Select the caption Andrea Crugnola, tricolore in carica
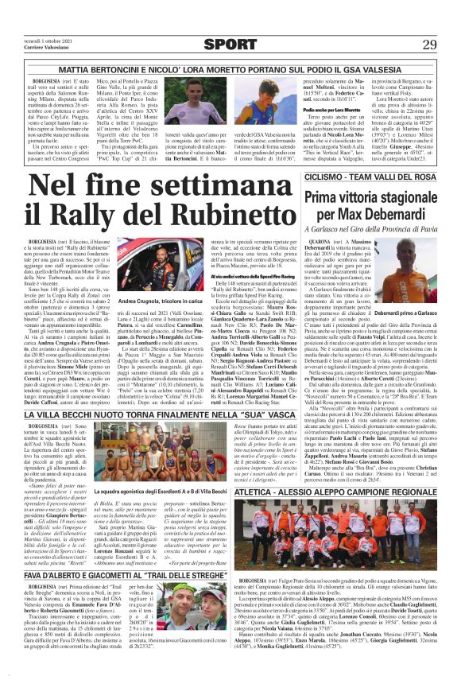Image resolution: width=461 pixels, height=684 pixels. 151,303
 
